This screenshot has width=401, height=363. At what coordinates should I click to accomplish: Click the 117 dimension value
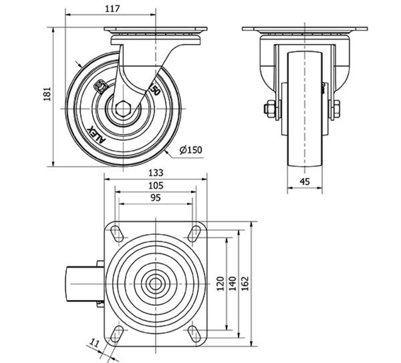(x=110, y=9)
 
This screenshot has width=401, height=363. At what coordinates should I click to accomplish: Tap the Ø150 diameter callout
(x=191, y=150)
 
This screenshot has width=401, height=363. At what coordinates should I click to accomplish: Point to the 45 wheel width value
(x=305, y=182)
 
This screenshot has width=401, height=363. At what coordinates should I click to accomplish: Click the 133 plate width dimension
(x=156, y=173)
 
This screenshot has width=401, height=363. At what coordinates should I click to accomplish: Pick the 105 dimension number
(x=156, y=185)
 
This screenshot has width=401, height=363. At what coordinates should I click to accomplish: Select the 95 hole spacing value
(x=156, y=198)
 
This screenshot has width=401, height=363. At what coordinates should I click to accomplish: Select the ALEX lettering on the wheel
(x=96, y=135)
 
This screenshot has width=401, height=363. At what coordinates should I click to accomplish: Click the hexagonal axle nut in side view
(x=123, y=109)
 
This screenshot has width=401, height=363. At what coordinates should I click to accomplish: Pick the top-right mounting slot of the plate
(x=195, y=233)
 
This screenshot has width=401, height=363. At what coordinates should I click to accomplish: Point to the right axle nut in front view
(x=336, y=109)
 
